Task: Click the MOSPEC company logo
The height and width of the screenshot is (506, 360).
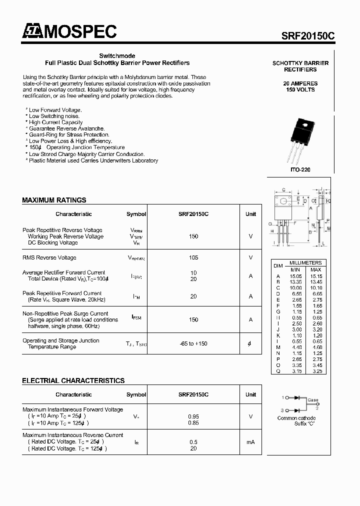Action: point(69,31)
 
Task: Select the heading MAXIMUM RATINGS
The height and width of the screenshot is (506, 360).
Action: point(54,200)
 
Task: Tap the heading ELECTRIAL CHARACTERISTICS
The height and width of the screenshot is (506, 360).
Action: point(73,380)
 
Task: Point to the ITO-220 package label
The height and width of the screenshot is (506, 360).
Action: point(300,170)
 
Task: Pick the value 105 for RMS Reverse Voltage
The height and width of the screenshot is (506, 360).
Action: point(193,257)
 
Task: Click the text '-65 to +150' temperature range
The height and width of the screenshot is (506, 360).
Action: point(193,343)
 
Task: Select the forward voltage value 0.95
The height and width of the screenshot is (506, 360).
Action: point(193,416)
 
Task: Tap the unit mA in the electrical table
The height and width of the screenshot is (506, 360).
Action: point(250,442)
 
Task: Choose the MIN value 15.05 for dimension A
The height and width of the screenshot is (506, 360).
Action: point(296,276)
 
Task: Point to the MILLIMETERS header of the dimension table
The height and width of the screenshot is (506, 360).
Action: point(305,263)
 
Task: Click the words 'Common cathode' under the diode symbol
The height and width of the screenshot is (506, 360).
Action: point(296,418)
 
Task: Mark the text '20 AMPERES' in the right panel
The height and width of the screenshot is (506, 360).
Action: point(300,83)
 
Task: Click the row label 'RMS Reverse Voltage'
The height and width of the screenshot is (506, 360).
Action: point(49,257)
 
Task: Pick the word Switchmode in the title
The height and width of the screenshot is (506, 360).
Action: point(117,56)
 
